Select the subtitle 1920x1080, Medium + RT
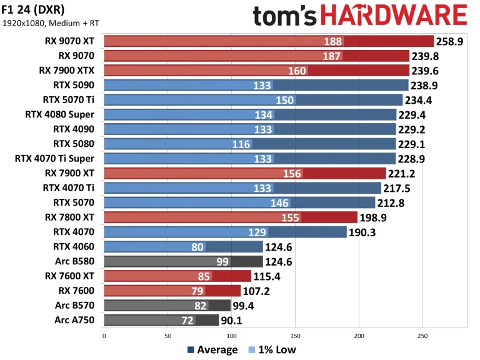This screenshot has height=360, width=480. tap(50, 24)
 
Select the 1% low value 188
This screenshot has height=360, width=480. tap(333, 41)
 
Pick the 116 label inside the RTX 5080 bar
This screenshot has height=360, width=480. tap(241, 144)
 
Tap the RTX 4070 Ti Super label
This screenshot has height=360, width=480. tap(54, 158)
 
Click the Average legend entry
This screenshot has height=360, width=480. tap(212, 349)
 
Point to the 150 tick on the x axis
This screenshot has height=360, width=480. tap(295, 336)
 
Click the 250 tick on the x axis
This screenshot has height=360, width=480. tap(422, 336)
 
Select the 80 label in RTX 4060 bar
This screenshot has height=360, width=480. tap(197, 246)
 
